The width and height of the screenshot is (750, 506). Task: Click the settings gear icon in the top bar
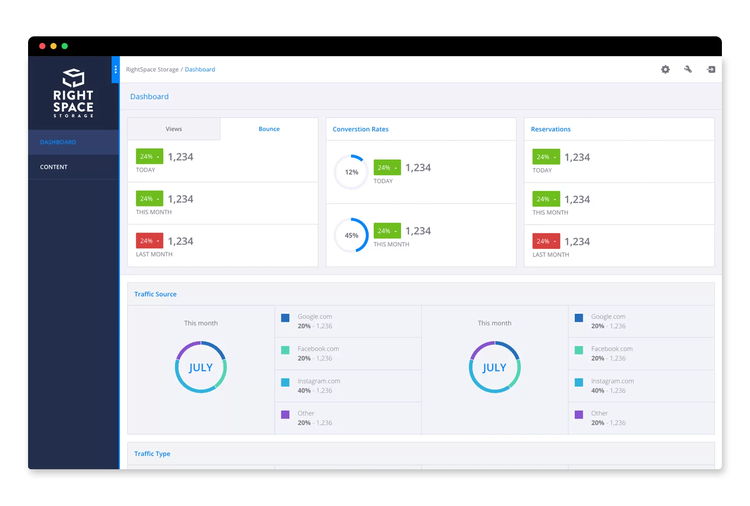[x=665, y=69]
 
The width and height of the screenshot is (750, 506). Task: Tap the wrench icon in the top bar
[x=688, y=69]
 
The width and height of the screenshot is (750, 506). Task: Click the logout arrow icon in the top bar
[x=711, y=69]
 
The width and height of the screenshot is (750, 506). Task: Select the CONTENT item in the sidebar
[x=54, y=167]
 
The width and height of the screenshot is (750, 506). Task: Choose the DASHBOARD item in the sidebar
[x=58, y=142]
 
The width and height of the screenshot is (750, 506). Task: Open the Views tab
[x=174, y=129]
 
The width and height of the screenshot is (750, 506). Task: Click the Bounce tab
[x=269, y=129]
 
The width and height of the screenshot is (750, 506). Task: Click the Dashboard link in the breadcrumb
[x=200, y=69]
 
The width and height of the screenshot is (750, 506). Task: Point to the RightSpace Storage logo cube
[x=74, y=78]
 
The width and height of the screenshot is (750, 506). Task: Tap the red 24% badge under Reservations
[x=546, y=241]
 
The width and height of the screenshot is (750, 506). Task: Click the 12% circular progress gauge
[x=351, y=172]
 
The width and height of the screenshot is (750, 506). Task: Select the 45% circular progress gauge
[x=351, y=235]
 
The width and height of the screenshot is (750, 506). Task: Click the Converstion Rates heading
[x=361, y=129]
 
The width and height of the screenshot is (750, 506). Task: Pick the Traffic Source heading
[x=155, y=294]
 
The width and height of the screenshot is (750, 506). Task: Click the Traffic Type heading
[x=152, y=454]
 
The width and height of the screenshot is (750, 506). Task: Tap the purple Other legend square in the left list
[x=285, y=414]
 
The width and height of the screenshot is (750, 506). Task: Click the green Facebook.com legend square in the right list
[x=579, y=350]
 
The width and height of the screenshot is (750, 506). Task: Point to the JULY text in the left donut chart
[x=201, y=367]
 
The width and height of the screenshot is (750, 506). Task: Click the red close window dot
[x=42, y=46]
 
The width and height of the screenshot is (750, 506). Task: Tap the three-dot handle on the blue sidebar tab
[x=116, y=69]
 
